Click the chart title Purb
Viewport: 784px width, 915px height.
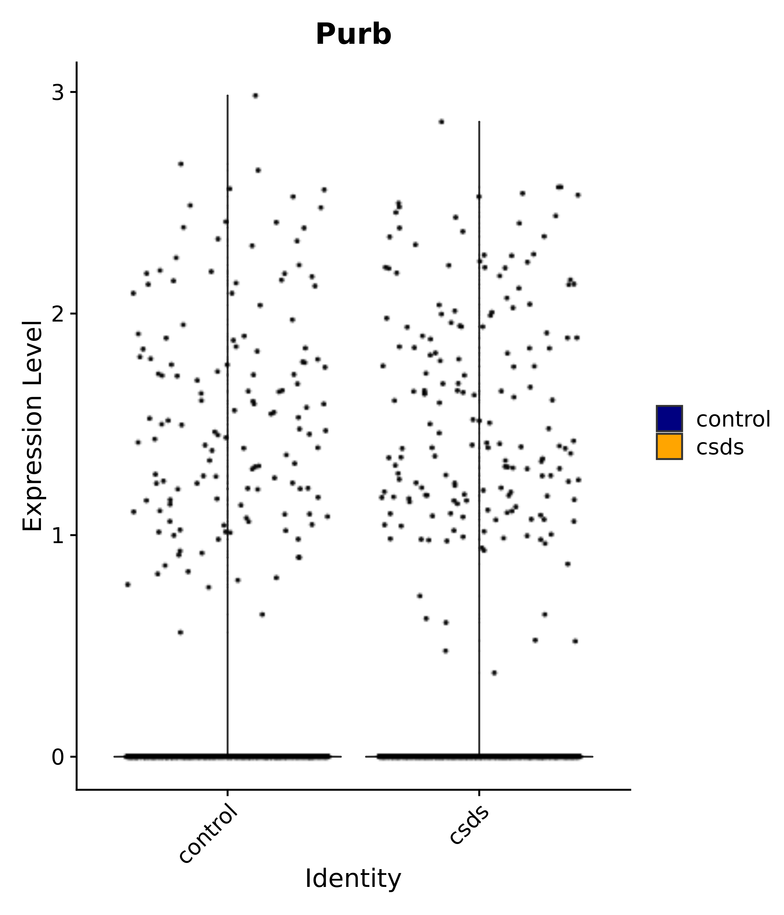(353, 34)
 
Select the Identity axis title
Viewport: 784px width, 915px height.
(353, 879)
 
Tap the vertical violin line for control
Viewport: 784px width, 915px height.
(227, 397)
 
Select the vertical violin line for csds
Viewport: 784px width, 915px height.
(479, 397)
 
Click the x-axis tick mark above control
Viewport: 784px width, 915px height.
(227, 793)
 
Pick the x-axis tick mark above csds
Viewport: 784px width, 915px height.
(479, 793)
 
